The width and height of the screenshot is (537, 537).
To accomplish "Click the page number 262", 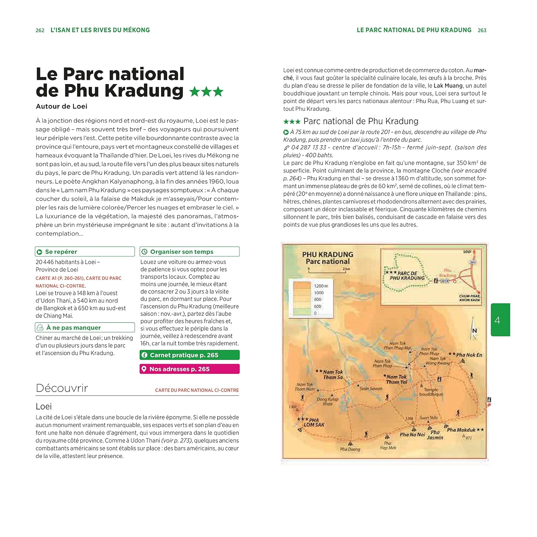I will (40, 30).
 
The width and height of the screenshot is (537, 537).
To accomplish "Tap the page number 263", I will (482, 30).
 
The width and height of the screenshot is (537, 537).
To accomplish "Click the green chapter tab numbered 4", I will (500, 320).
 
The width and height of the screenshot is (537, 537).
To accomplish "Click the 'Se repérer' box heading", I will (61, 252).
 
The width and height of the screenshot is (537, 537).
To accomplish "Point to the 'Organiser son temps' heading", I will (182, 252).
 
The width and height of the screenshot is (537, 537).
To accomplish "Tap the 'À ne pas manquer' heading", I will (73, 328).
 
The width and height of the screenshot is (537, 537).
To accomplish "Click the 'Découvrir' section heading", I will (62, 388).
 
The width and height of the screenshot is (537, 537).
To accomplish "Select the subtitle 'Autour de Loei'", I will (62, 106).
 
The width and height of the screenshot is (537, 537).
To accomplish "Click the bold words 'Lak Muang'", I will (448, 86).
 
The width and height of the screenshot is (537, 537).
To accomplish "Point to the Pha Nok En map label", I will (469, 355).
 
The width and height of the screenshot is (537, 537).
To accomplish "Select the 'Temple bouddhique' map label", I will (431, 392).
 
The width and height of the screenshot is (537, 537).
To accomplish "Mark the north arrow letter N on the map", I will (474, 331).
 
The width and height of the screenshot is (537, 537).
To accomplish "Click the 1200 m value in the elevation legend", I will (321, 286).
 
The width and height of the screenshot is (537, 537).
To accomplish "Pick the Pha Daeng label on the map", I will (350, 449).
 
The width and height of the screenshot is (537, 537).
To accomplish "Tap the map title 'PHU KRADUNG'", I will (328, 255).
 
